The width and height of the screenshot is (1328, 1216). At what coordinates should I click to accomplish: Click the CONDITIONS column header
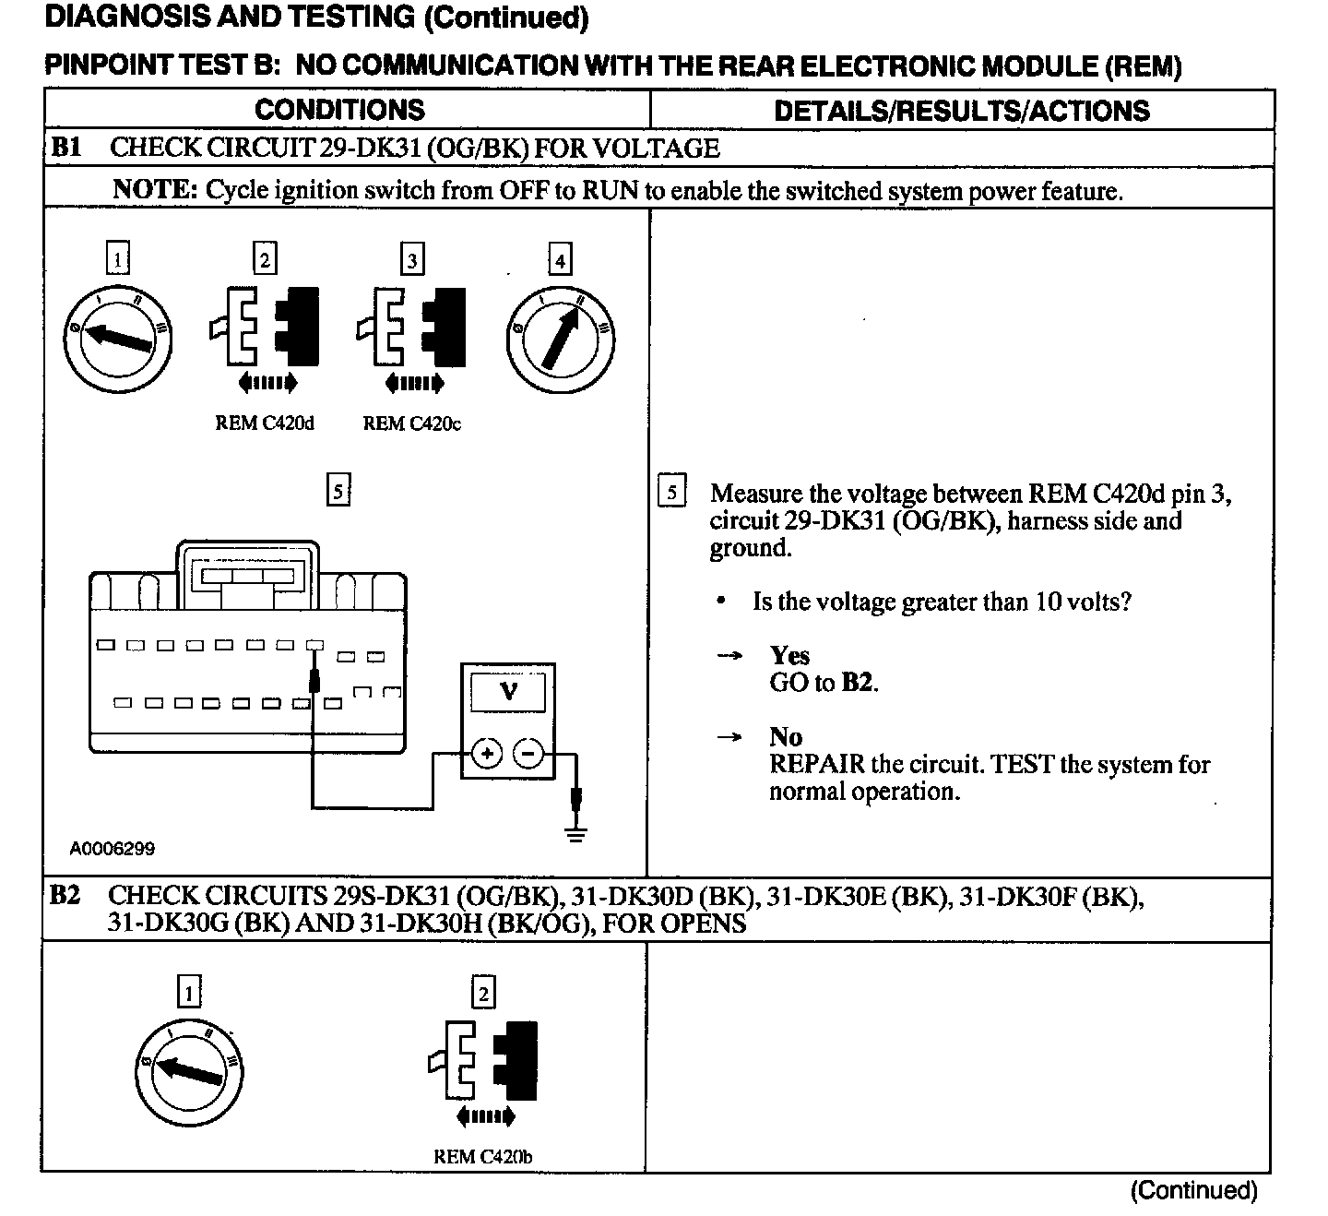339,110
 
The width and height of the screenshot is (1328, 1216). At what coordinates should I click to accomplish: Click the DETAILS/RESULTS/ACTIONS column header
961,111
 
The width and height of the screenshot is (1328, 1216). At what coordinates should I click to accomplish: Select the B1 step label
66,148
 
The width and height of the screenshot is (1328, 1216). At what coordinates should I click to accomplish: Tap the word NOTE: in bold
155,190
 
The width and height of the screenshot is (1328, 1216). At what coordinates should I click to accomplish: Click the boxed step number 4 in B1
559,260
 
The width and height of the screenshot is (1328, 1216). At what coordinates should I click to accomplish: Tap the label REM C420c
411,423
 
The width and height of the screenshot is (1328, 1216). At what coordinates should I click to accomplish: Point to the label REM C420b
482,1156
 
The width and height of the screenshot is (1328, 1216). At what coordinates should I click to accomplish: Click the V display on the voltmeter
508,691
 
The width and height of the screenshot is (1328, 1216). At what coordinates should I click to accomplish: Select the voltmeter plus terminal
487,754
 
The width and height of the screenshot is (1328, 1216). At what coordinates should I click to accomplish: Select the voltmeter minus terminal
528,754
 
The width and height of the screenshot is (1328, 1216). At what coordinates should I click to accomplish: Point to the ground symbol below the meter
576,835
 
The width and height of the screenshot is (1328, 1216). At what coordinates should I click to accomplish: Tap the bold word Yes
789,656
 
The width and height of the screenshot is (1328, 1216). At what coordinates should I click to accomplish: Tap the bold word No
786,737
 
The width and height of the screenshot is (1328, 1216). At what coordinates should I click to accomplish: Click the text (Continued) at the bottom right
1193,1190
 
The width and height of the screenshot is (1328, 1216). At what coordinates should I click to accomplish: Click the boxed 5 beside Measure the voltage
671,493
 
